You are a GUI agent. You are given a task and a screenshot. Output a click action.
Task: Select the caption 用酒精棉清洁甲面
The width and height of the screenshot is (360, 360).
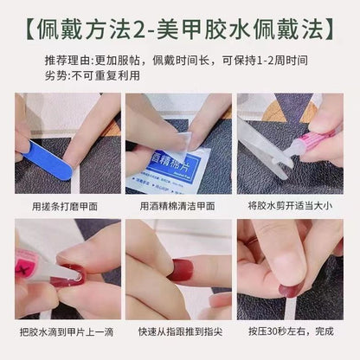coord(178,207)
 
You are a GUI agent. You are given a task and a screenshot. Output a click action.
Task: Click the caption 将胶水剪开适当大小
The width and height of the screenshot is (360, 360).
coord(290,207)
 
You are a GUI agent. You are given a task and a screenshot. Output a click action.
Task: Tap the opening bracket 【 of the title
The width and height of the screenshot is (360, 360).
coord(32,29)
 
